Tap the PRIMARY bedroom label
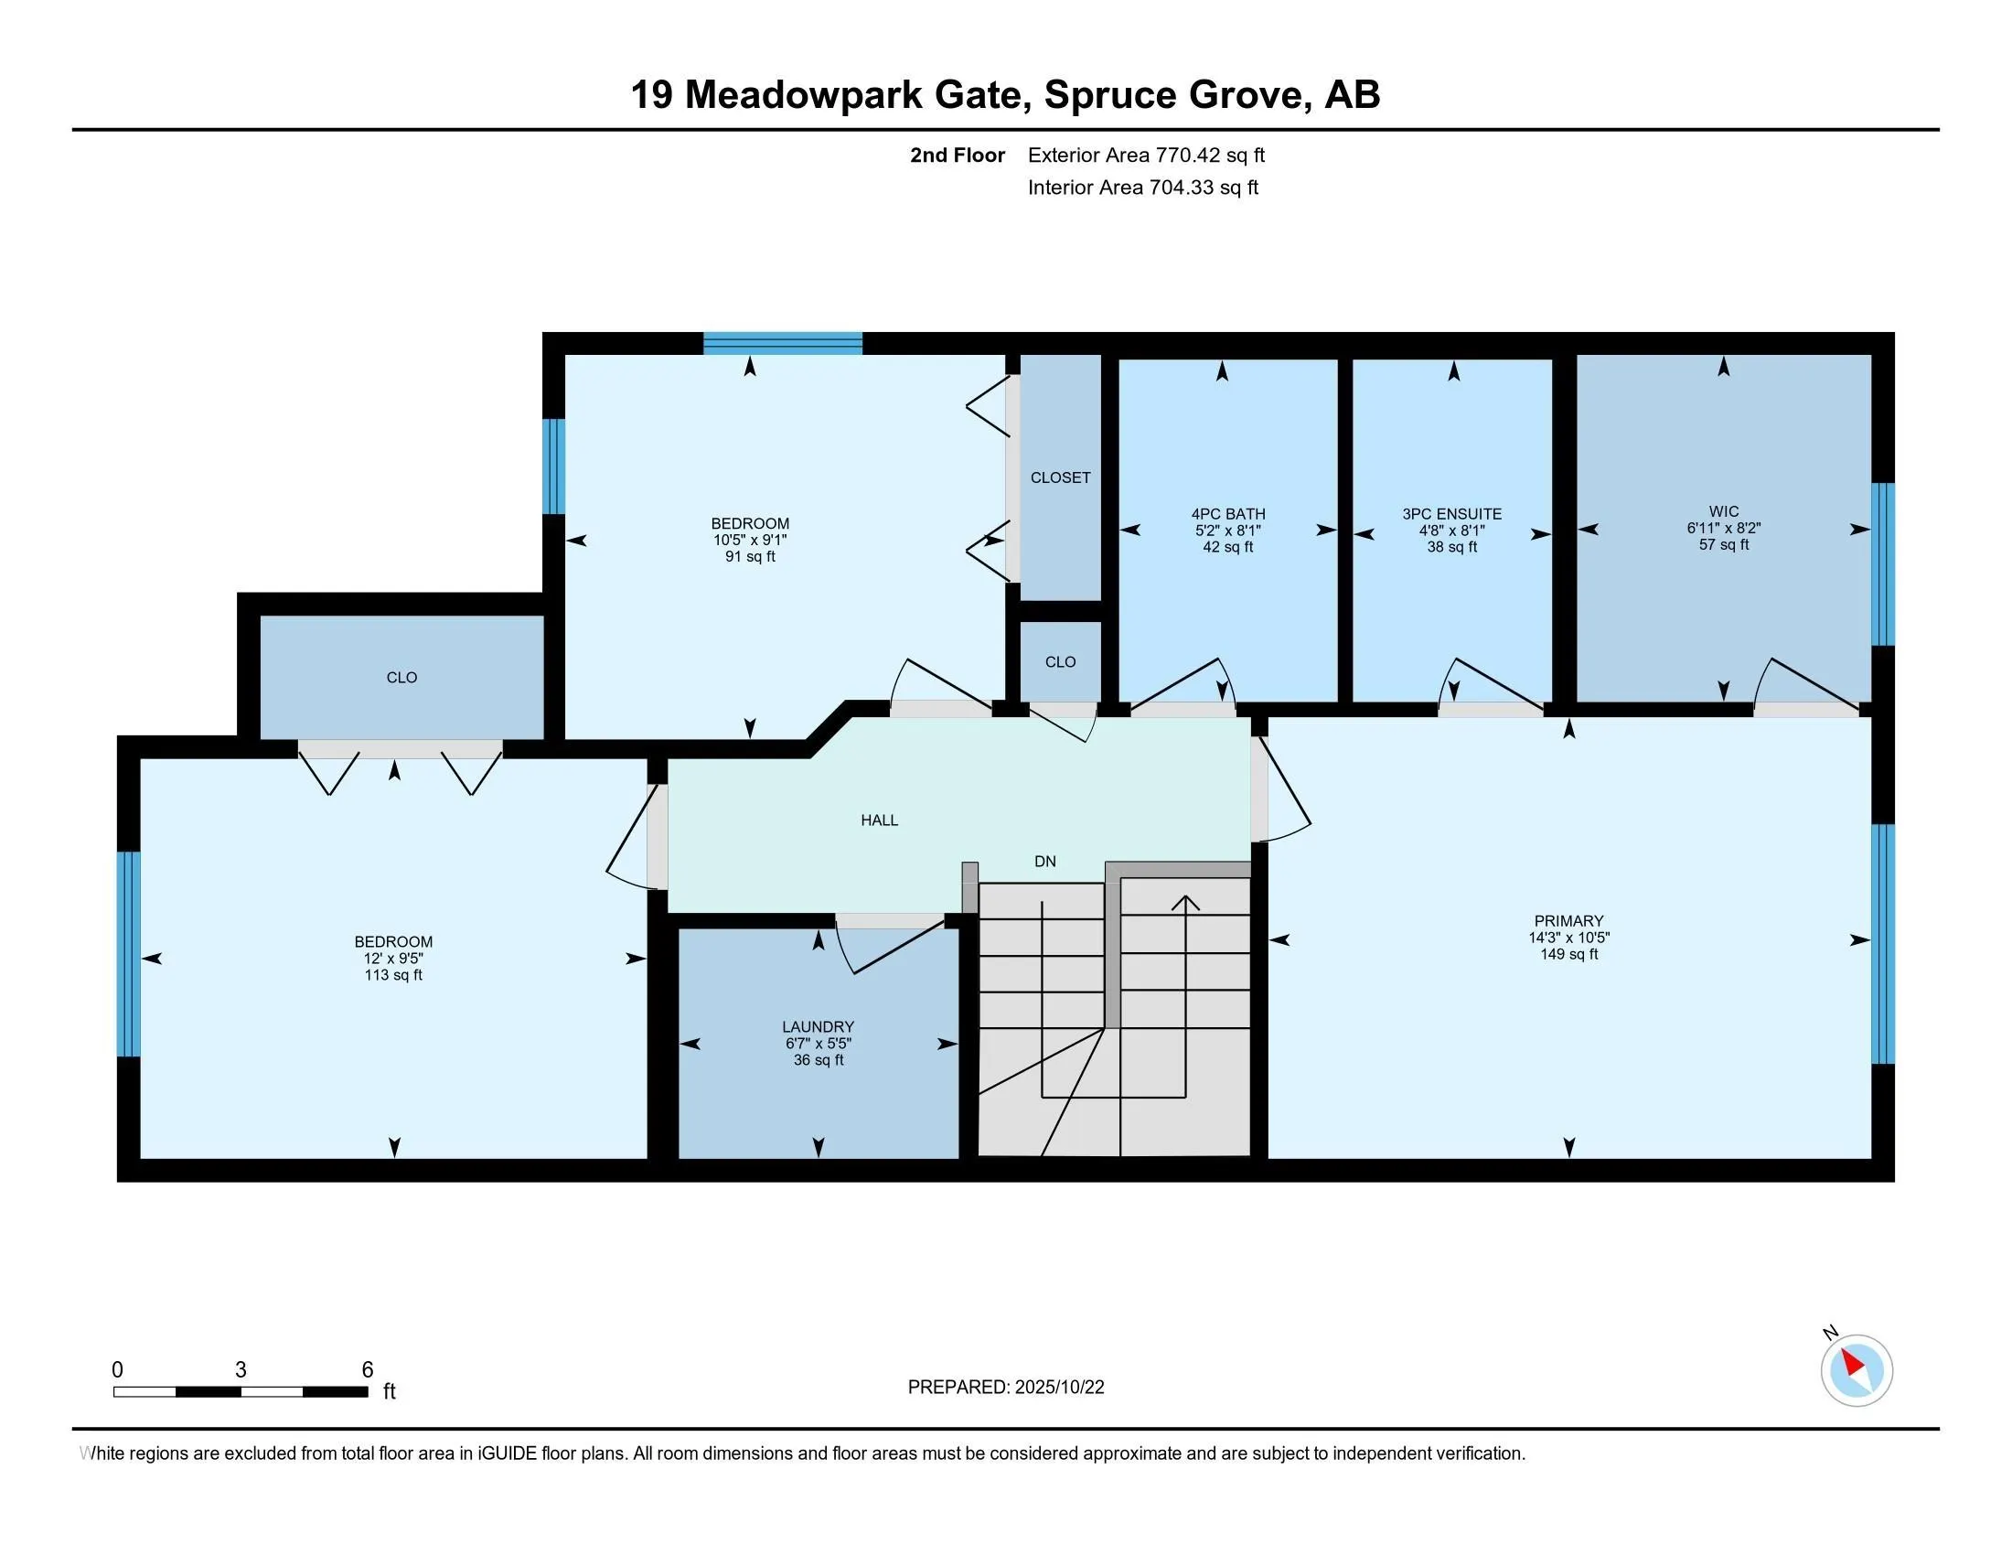1568,920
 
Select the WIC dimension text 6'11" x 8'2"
1723,528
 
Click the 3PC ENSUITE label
1452,514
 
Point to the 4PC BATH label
1227,514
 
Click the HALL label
879,820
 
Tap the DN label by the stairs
1044,862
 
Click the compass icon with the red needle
1856,1371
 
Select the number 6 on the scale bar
368,1370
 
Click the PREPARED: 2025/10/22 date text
1005,1388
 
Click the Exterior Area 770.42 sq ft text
1146,155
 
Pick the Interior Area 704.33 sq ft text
1142,187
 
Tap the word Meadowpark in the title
803,95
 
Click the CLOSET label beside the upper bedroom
1059,477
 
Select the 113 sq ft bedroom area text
393,975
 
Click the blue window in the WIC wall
1882,563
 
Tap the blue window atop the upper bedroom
782,344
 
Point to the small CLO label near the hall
1059,661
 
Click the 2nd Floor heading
958,155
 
